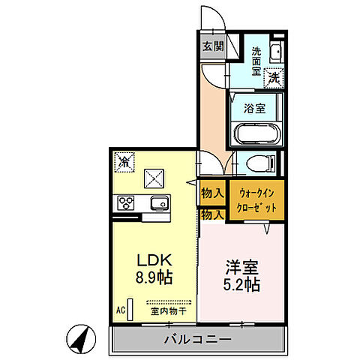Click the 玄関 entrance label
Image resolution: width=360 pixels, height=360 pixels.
[213, 46]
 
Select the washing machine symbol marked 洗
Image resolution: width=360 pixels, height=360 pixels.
[274, 76]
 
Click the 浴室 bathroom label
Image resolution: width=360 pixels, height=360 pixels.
[254, 107]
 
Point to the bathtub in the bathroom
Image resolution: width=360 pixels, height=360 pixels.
[255, 134]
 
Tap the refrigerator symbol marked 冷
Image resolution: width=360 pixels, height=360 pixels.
[124, 160]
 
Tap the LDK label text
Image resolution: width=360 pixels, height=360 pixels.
[154, 259]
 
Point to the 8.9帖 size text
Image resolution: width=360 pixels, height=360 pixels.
[154, 277]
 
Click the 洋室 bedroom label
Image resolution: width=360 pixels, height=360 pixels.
[241, 266]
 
